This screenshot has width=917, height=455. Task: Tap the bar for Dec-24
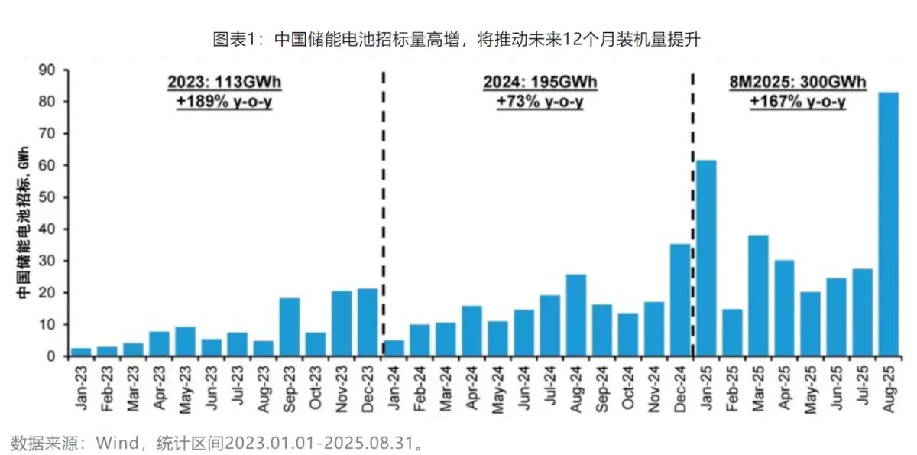(x=680, y=300)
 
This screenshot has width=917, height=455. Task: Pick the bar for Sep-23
(x=290, y=327)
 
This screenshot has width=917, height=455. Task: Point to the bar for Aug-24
(x=575, y=315)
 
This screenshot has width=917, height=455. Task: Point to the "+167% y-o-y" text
(x=797, y=102)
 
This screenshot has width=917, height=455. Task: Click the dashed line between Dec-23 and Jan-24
(x=383, y=214)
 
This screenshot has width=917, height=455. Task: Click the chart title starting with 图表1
(x=456, y=39)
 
